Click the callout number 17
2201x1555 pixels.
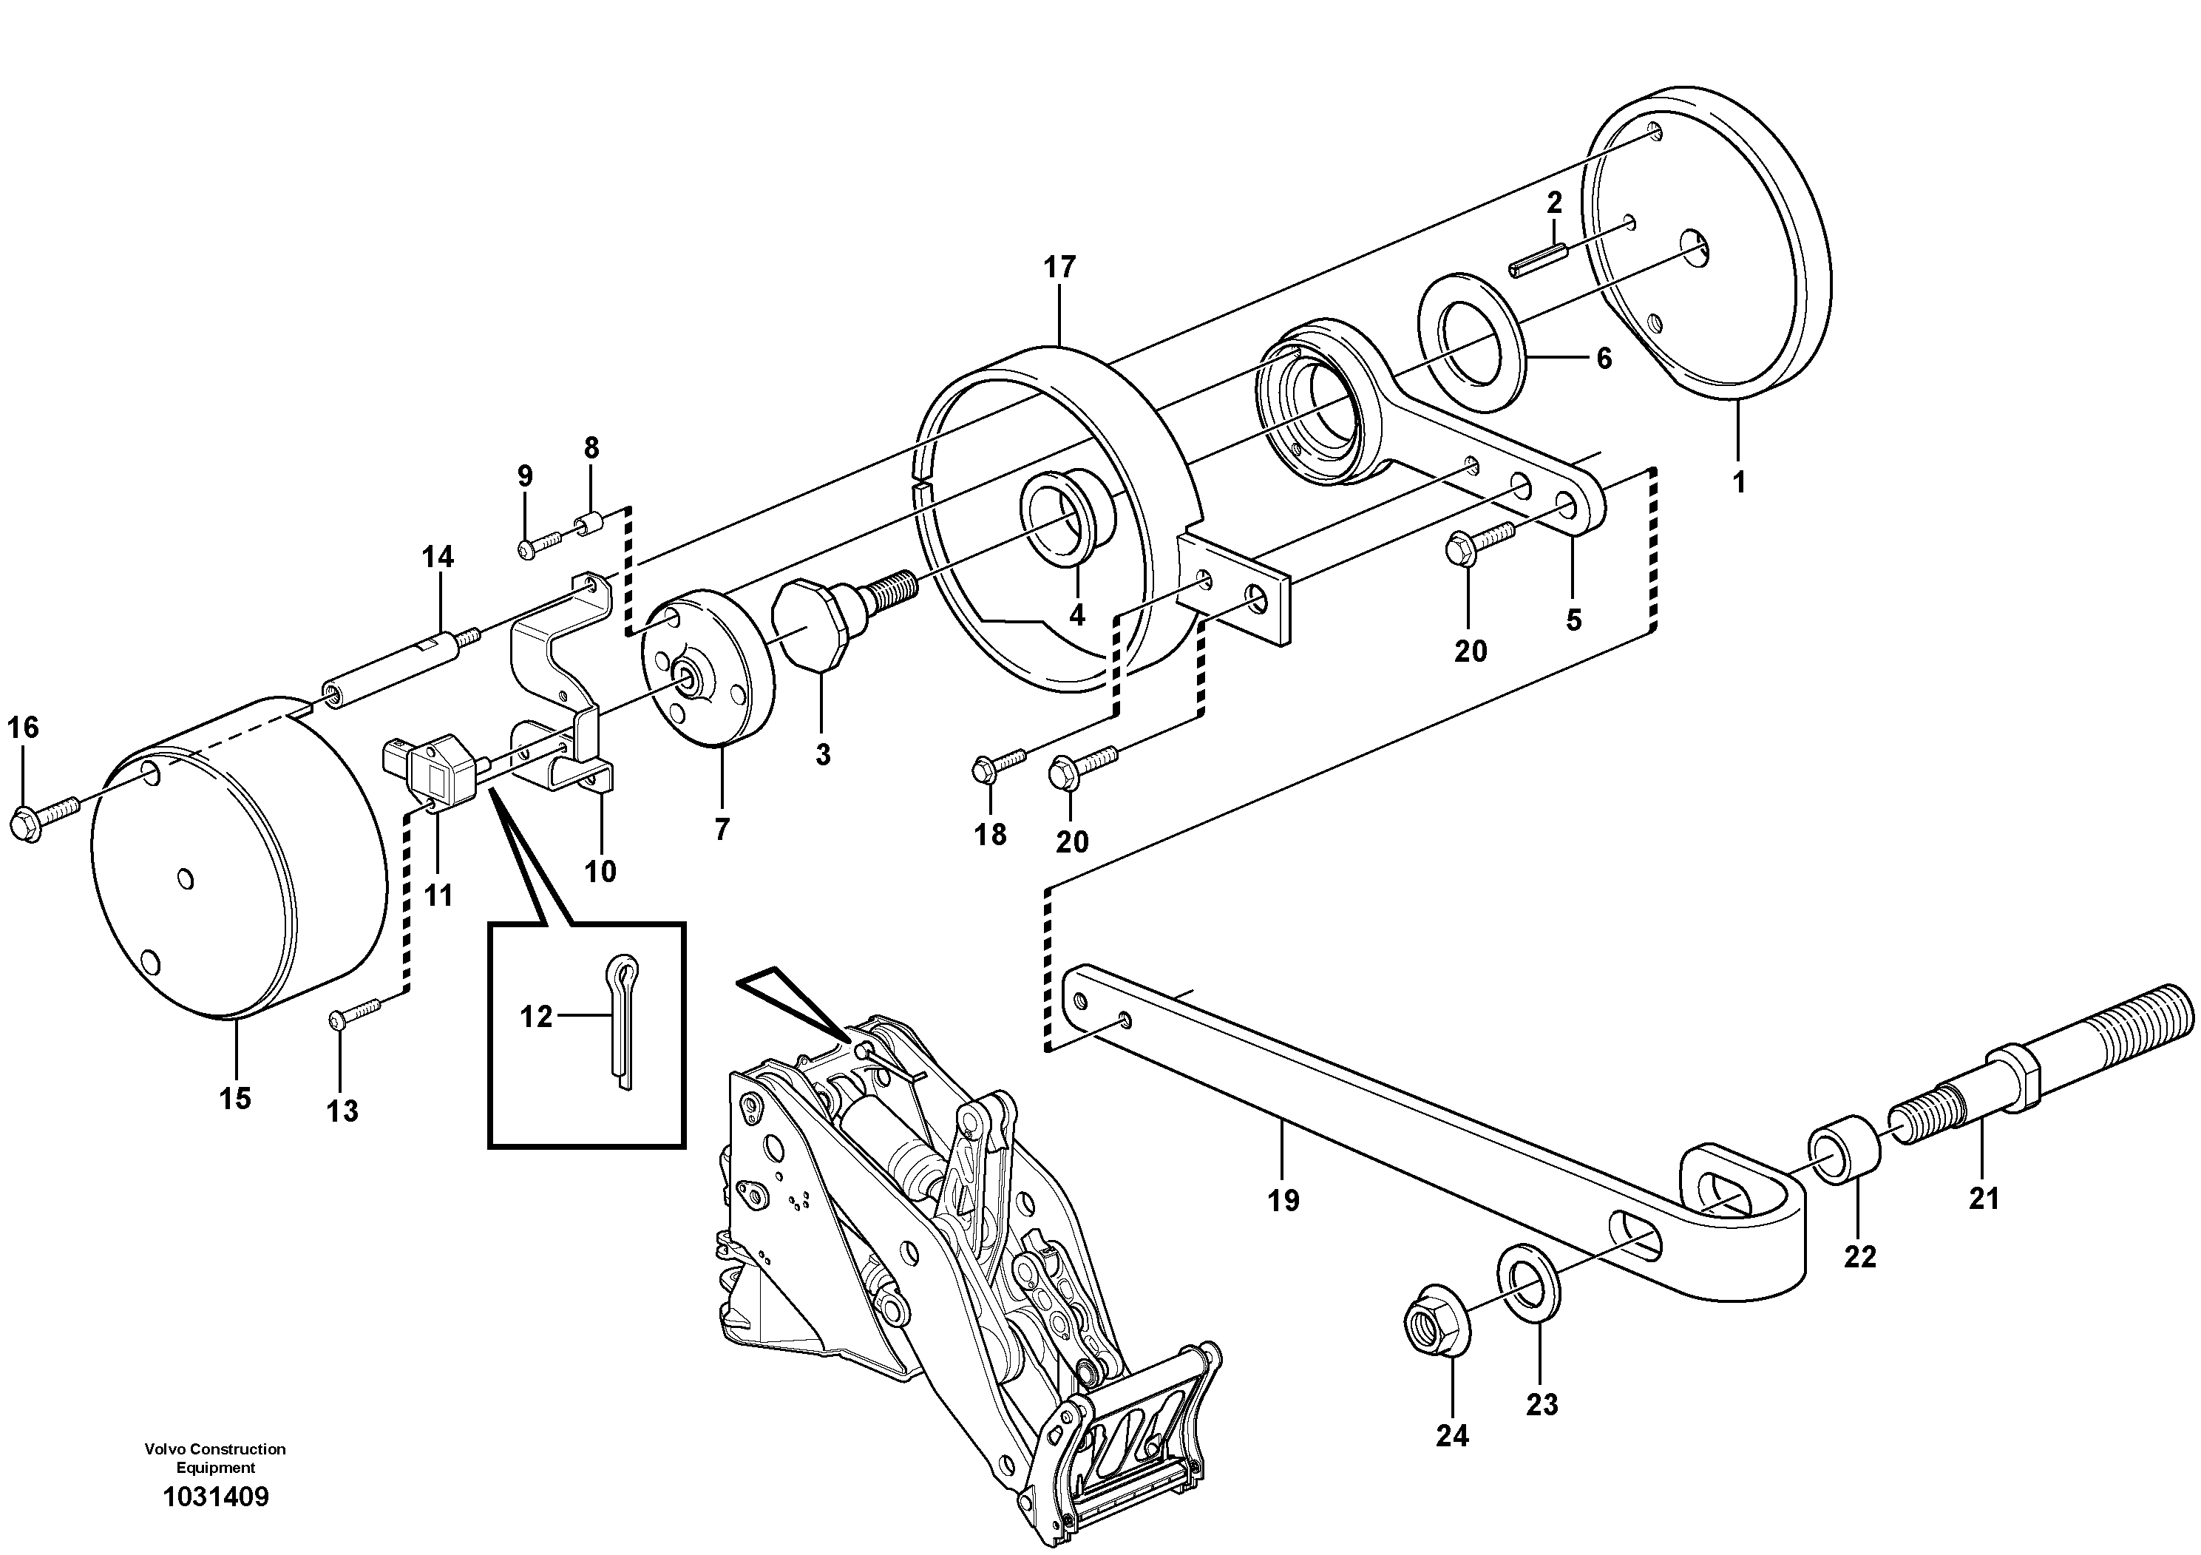click(1060, 268)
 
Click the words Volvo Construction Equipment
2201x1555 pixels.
click(214, 1459)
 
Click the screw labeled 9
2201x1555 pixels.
click(542, 544)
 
